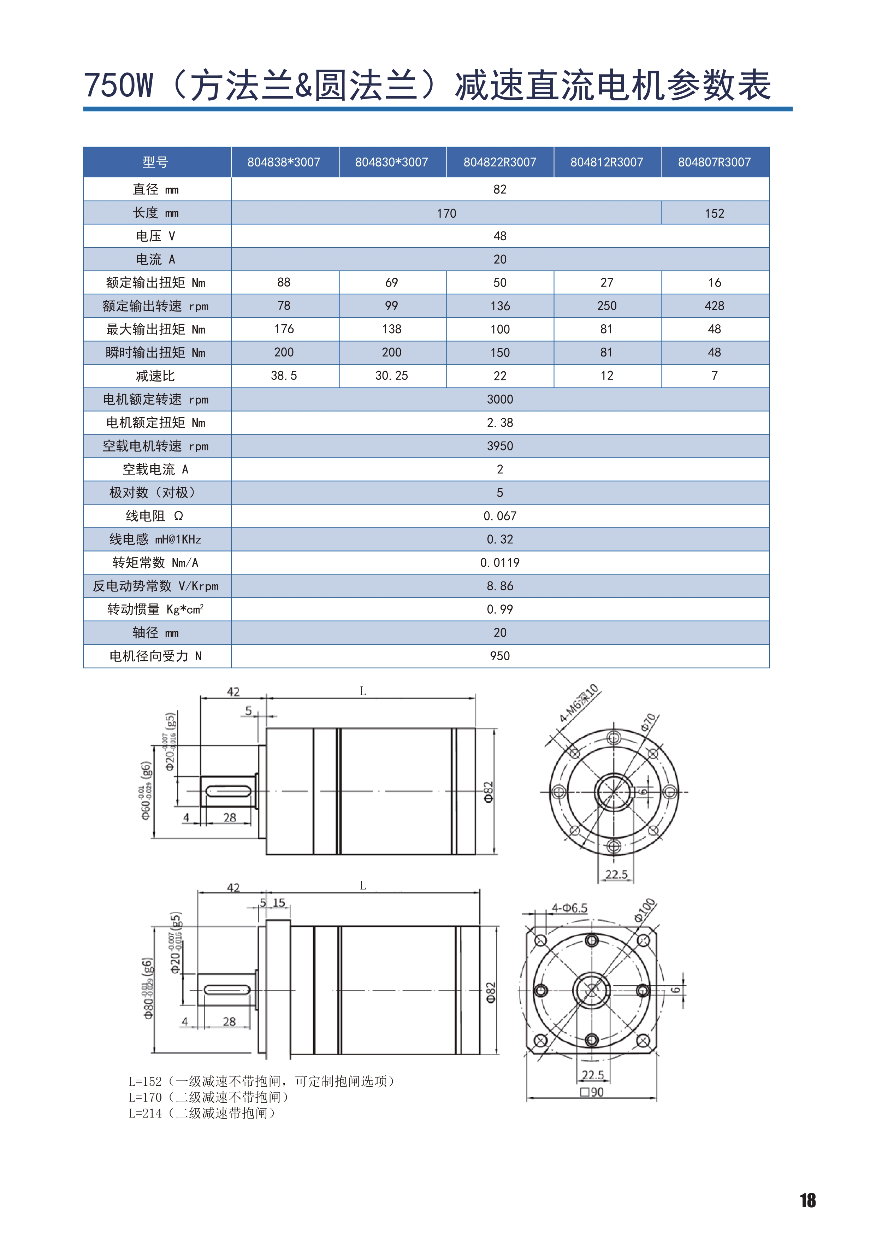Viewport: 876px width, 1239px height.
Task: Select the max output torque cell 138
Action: pyautogui.click(x=392, y=329)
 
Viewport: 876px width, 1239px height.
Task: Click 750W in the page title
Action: pyautogui.click(x=119, y=85)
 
